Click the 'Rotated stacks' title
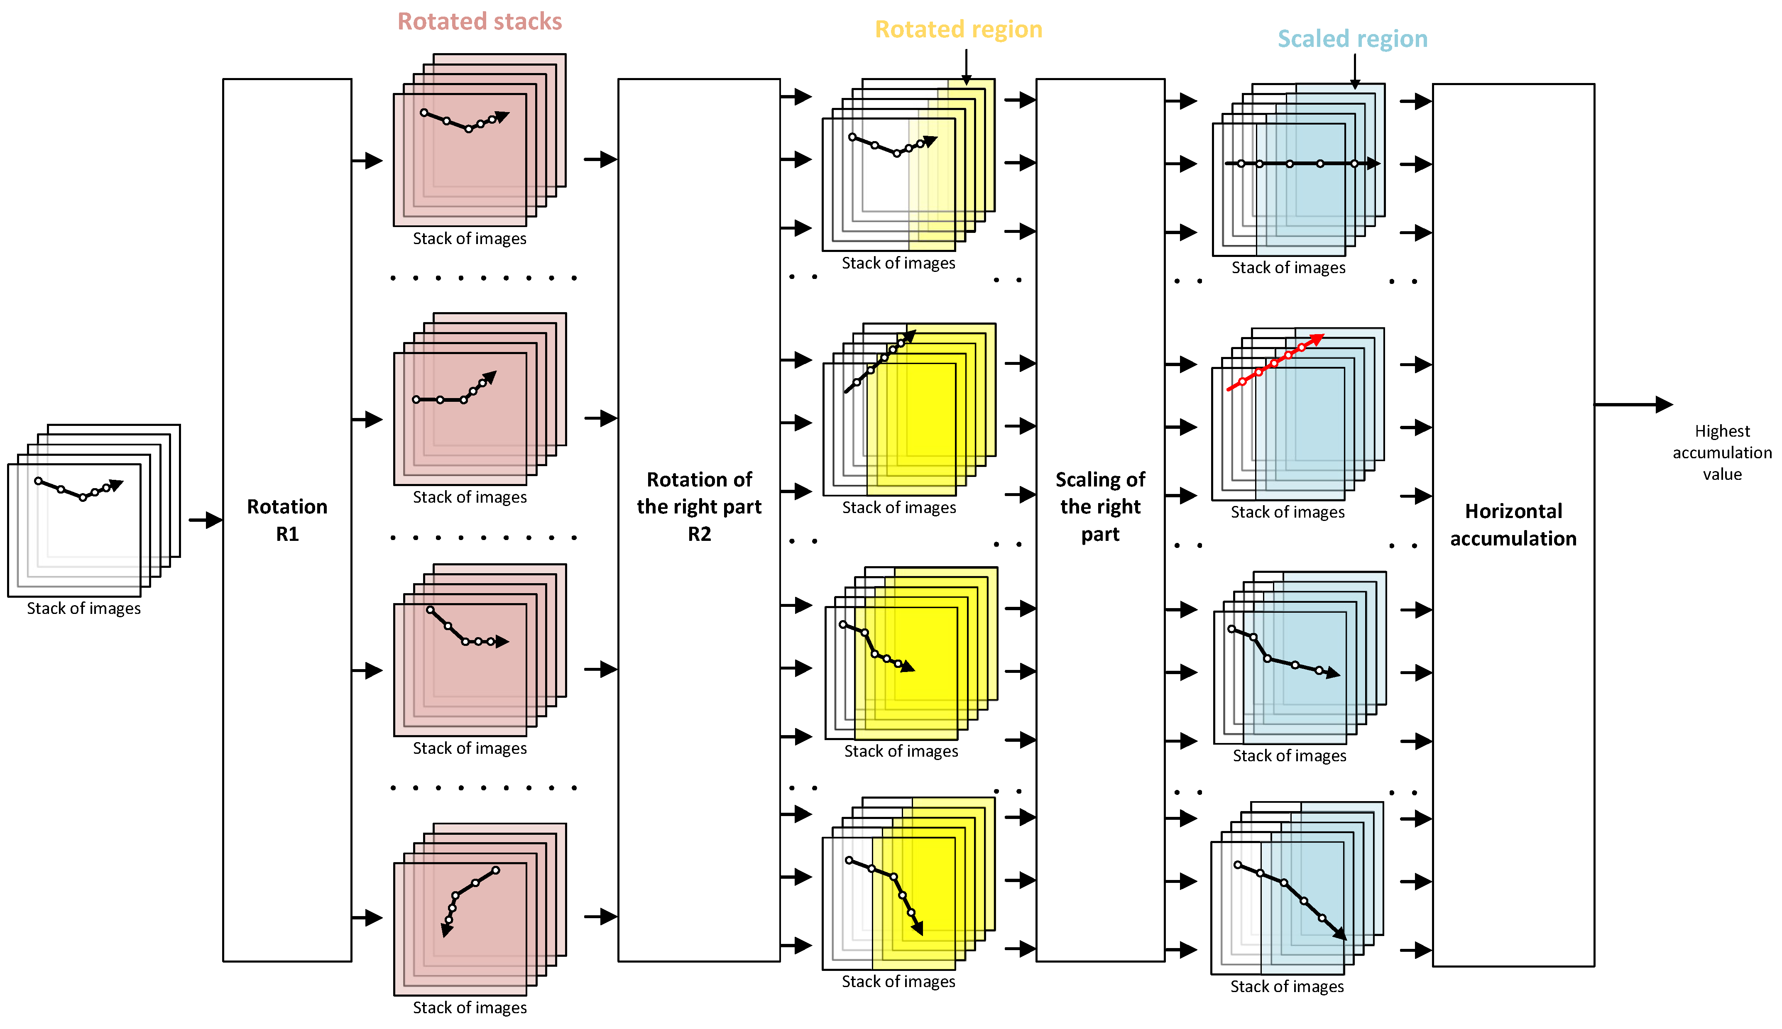pyautogui.click(x=479, y=21)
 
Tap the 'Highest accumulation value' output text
pyautogui.click(x=1721, y=452)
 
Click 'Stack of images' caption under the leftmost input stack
pyautogui.click(x=83, y=609)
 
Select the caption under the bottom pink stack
pyautogui.click(x=469, y=1007)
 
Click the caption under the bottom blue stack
pyautogui.click(x=1287, y=986)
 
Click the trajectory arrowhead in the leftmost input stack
pyautogui.click(x=117, y=485)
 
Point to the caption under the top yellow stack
pyautogui.click(x=898, y=263)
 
